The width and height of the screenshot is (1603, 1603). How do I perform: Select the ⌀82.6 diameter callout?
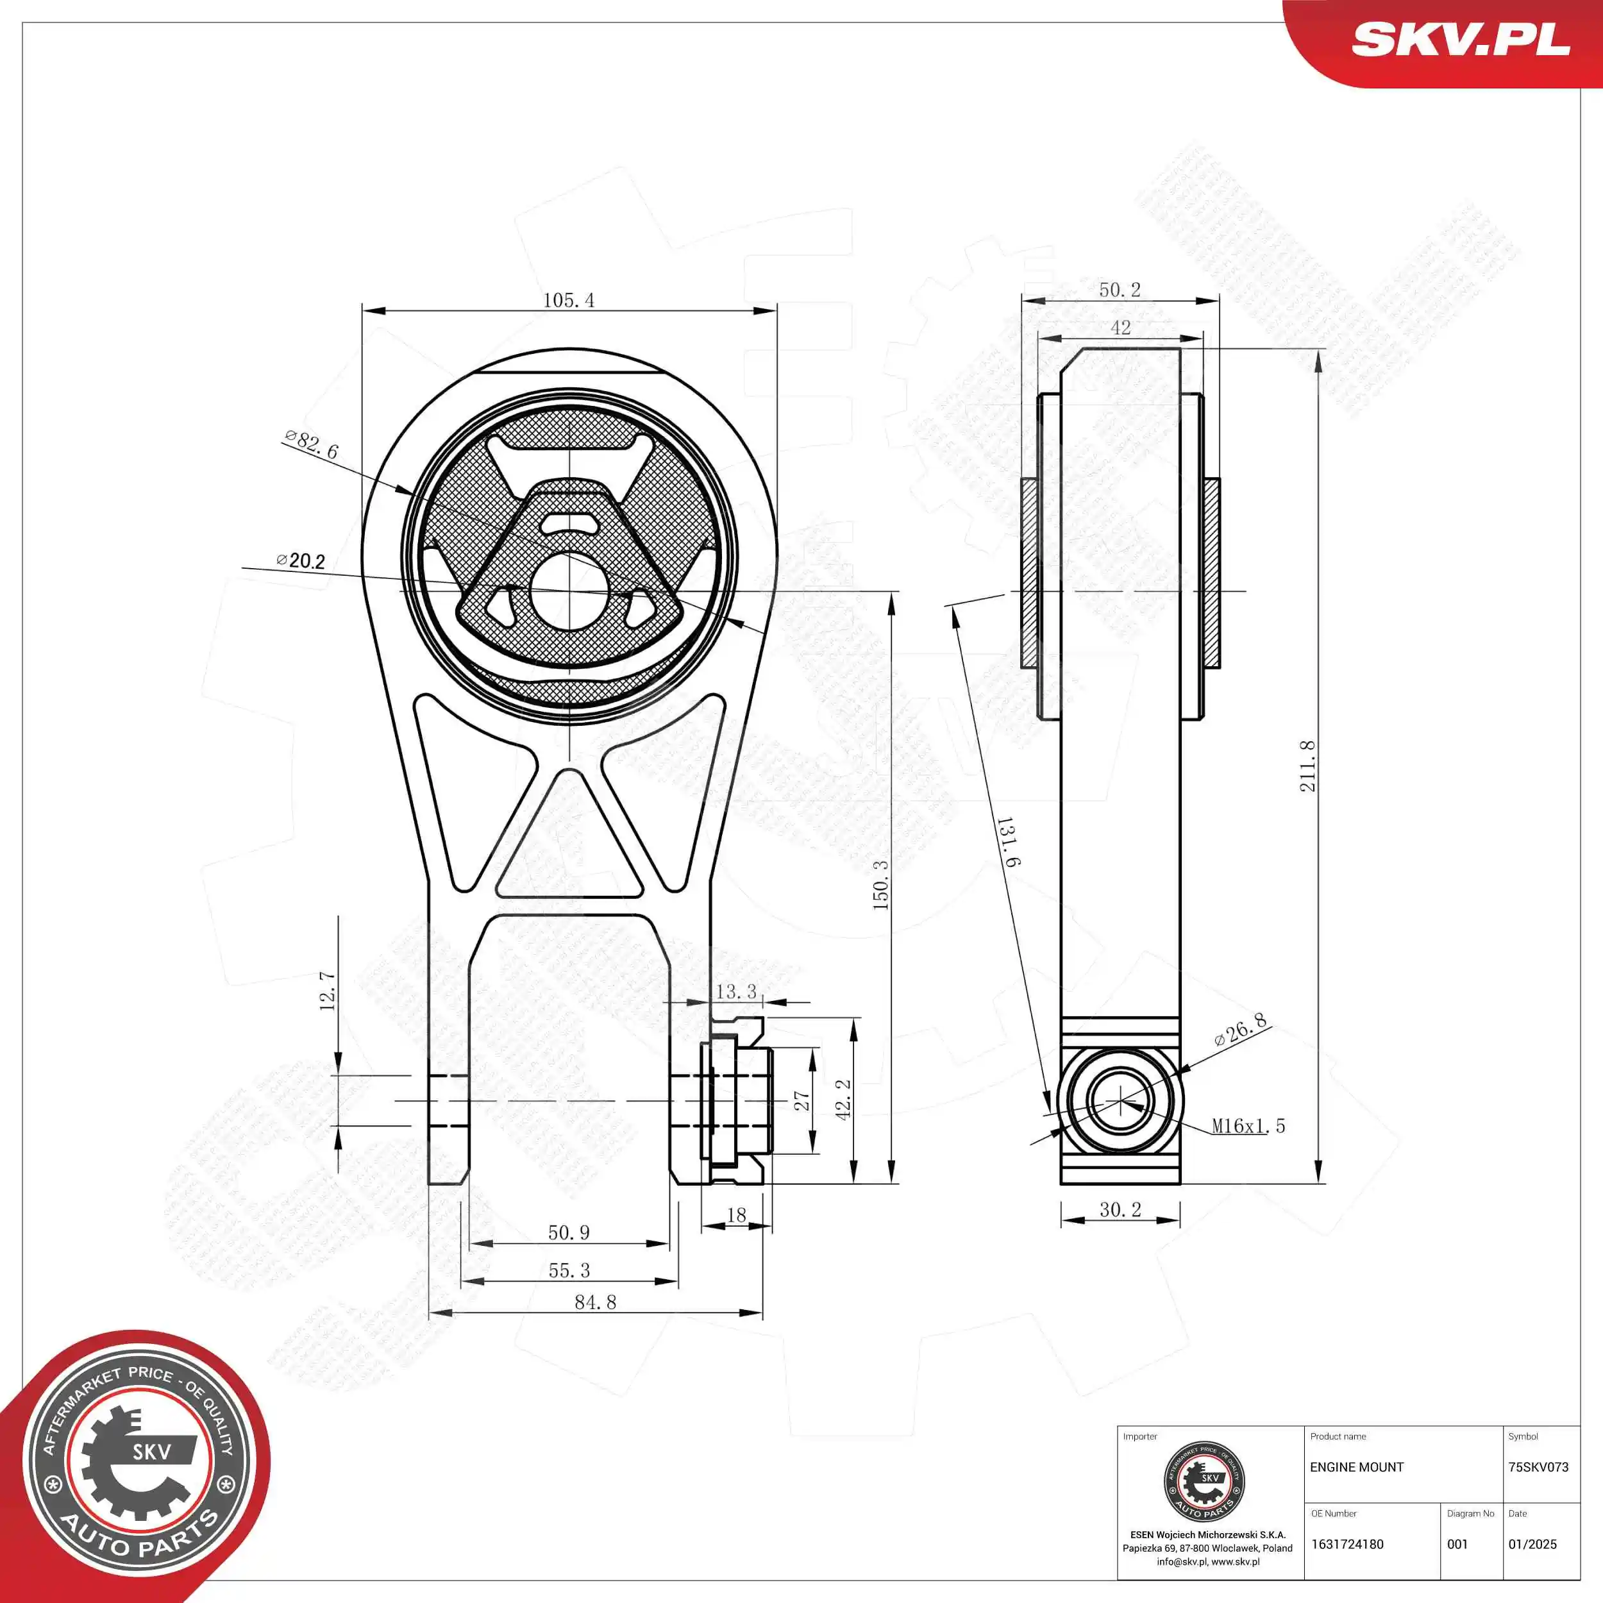(311, 445)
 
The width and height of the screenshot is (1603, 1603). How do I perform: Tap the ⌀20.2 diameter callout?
(301, 561)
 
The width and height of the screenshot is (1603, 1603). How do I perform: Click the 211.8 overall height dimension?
(1307, 766)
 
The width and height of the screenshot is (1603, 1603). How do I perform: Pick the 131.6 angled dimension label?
(1007, 841)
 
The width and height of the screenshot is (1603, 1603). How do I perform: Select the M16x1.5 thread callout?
(1248, 1126)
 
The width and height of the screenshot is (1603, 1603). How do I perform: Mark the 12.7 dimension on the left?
(328, 991)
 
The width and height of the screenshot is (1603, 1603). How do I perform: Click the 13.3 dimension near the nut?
(736, 991)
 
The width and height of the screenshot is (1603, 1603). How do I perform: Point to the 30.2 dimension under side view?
(1120, 1210)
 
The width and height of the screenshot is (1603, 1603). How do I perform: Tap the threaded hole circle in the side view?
(1120, 1101)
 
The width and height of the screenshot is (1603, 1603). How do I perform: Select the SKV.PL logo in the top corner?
(1460, 40)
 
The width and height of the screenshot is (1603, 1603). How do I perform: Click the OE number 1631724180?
(1347, 1544)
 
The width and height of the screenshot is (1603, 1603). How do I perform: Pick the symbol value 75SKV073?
(1538, 1467)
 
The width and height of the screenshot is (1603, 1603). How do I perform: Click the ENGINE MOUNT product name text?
(1357, 1467)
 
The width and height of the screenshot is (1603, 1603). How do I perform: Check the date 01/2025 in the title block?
(1532, 1544)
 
